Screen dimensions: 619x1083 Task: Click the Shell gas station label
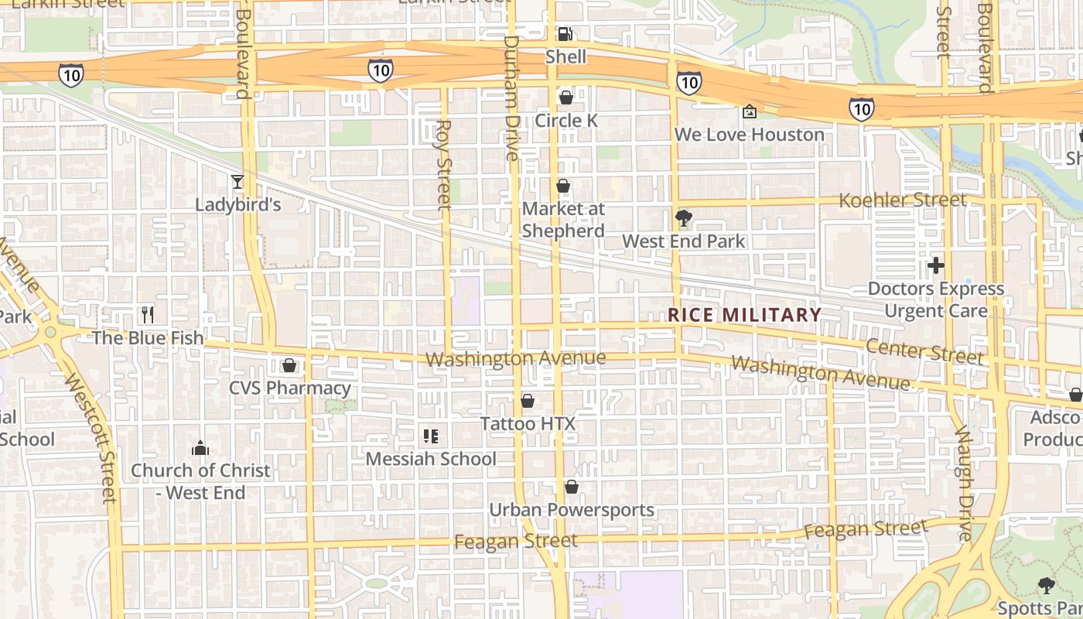click(565, 56)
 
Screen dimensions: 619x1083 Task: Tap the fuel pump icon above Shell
click(565, 33)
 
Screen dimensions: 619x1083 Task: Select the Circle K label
click(566, 121)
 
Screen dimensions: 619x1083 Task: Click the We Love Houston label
click(749, 135)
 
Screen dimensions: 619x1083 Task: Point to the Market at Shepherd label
click(563, 220)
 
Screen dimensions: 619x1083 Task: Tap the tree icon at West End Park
click(683, 218)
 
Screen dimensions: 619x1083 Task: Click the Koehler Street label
click(902, 200)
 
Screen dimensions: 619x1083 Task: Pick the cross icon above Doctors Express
click(936, 266)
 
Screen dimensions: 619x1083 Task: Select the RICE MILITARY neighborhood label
click(744, 315)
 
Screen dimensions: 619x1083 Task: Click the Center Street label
click(924, 351)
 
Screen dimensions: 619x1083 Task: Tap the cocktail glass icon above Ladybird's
click(237, 182)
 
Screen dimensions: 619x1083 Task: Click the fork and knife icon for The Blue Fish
click(148, 314)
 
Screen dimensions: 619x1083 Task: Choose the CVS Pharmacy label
click(290, 388)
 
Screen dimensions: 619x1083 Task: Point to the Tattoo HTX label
click(528, 424)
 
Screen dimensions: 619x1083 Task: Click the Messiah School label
click(431, 459)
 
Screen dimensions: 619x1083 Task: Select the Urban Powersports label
click(572, 510)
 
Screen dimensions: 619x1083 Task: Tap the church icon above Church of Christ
click(200, 448)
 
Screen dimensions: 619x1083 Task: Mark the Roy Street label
click(443, 164)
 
